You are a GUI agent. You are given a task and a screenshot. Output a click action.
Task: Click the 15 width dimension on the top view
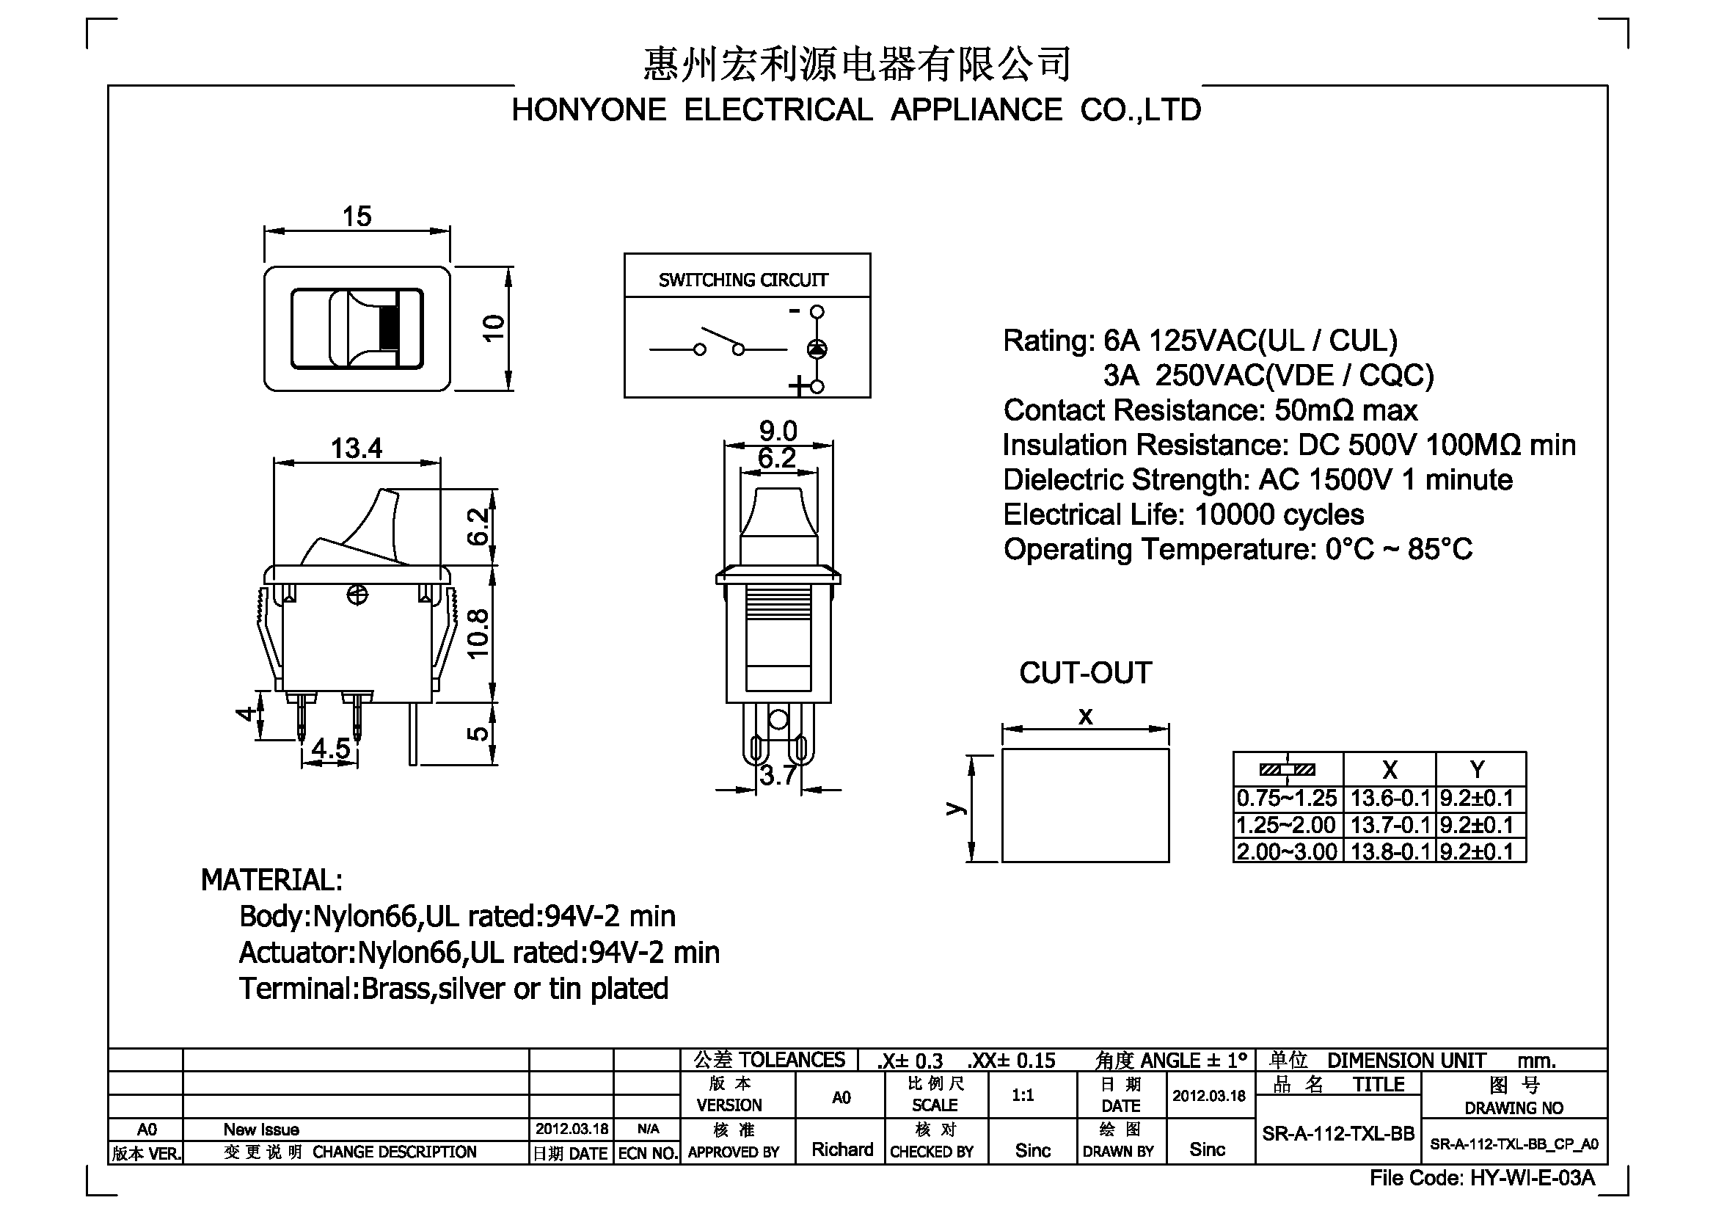[x=357, y=217]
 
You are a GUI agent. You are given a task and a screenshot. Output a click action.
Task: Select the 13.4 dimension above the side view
[x=357, y=448]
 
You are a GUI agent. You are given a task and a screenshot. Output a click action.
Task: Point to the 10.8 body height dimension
[x=478, y=634]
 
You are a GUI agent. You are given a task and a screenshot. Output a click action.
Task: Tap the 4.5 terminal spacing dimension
[x=331, y=748]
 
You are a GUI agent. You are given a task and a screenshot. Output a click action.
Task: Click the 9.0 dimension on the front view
[x=778, y=432]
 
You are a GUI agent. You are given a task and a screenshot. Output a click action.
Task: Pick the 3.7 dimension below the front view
[x=778, y=776]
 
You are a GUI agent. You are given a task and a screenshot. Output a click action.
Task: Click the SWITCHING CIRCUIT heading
[x=743, y=280]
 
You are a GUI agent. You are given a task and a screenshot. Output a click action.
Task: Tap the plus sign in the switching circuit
[x=798, y=386]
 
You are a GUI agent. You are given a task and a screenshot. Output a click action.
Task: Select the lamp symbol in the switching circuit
[x=817, y=349]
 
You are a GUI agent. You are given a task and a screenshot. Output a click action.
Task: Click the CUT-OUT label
[x=1085, y=673]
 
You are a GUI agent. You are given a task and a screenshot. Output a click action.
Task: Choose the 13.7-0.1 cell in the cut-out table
[x=1390, y=825]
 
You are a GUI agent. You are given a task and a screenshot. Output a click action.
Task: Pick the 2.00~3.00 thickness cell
[x=1287, y=851]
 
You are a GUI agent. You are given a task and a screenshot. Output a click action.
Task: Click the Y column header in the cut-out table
[x=1478, y=769]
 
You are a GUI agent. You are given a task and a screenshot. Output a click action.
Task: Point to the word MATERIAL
[x=271, y=881]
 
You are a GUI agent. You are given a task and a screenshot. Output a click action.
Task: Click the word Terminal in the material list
[x=294, y=989]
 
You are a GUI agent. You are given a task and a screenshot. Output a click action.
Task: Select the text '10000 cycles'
[x=1279, y=515]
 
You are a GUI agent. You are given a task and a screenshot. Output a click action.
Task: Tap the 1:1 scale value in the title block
[x=1023, y=1096]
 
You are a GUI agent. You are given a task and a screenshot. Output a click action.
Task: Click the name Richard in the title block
[x=842, y=1149]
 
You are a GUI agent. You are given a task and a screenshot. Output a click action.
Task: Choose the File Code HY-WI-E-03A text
[x=1482, y=1179]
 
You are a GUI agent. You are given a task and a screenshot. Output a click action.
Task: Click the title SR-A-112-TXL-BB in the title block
[x=1338, y=1134]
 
